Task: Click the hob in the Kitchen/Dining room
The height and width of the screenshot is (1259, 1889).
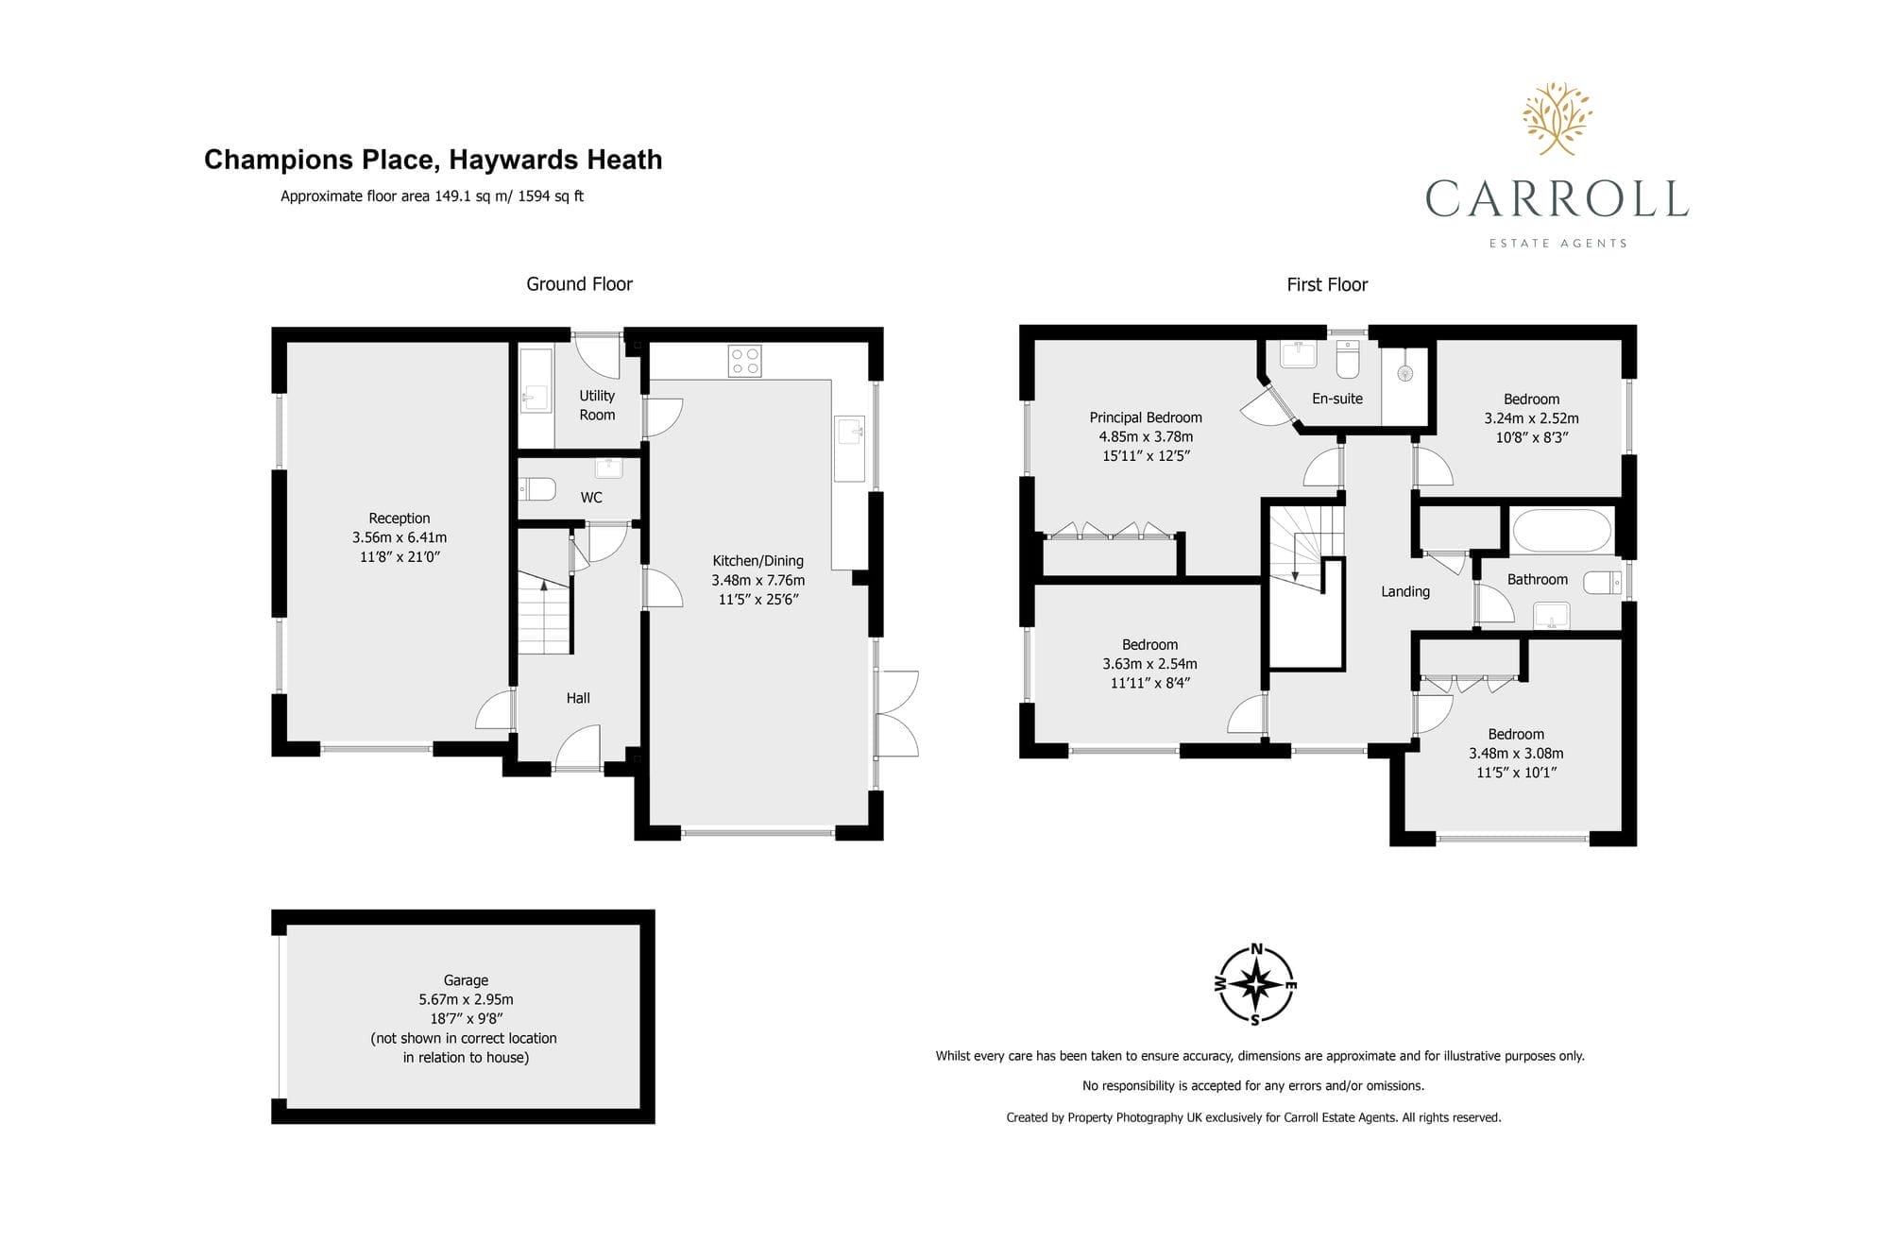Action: [x=744, y=361]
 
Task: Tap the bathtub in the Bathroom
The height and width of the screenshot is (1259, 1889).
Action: [x=1561, y=531]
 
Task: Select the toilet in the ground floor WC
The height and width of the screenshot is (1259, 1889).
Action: [x=536, y=489]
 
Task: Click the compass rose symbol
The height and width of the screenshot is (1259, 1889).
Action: [x=1255, y=985]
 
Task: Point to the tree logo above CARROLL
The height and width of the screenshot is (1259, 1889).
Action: [x=1557, y=118]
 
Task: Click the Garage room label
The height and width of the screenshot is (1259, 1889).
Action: [x=466, y=980]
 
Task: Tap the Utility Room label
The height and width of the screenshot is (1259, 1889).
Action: [x=597, y=405]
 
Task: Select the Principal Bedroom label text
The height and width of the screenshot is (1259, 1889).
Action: [x=1146, y=417]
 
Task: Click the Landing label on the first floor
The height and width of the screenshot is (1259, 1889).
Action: [x=1405, y=591]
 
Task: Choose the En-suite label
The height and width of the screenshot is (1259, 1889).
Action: [x=1337, y=399]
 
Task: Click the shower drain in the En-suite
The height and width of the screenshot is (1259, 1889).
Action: [x=1405, y=373]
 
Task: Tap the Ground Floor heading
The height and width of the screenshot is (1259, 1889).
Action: [x=579, y=284]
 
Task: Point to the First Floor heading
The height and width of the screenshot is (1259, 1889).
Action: [x=1327, y=284]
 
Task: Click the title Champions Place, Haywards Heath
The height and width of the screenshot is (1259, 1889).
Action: [x=434, y=160]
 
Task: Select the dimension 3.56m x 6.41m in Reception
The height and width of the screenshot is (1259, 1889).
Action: [x=400, y=537]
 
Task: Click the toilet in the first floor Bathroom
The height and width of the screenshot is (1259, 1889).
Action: [x=1603, y=583]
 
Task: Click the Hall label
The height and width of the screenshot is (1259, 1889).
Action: [x=578, y=698]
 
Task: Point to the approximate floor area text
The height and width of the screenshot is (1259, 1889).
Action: [x=432, y=196]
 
